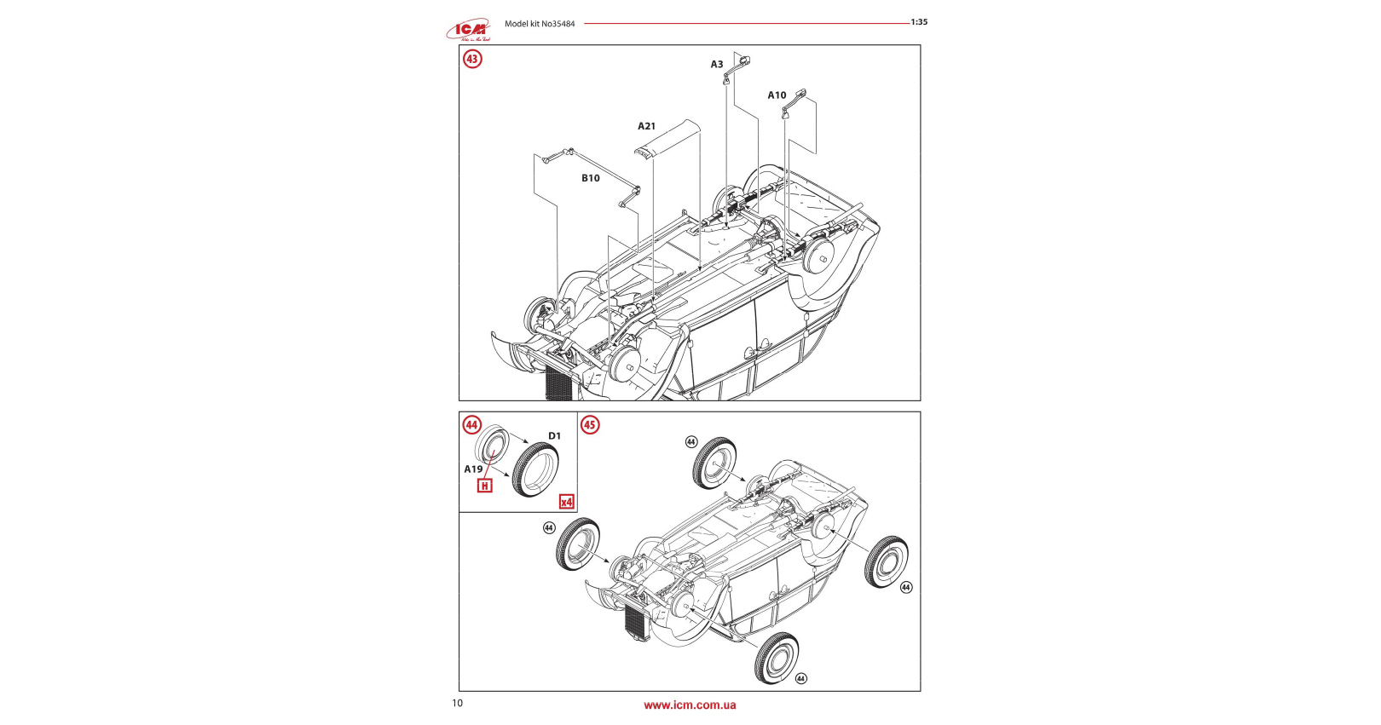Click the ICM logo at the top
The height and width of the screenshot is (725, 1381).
point(469,30)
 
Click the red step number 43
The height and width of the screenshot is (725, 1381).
point(472,59)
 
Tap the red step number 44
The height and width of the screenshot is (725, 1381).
point(471,424)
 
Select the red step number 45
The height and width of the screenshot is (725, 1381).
point(590,424)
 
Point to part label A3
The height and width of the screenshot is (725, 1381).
point(717,65)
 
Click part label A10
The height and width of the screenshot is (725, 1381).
point(777,95)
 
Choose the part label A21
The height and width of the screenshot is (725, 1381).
point(647,126)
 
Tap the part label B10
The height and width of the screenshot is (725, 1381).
point(591,178)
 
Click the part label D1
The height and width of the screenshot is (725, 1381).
point(555,436)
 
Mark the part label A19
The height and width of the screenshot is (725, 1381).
point(473,469)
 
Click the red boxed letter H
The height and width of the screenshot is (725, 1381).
point(485,486)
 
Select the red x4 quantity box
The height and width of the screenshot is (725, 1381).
point(567,502)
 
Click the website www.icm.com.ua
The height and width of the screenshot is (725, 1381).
point(690,705)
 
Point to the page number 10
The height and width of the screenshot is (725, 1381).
point(458,703)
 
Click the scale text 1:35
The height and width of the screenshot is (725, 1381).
point(919,22)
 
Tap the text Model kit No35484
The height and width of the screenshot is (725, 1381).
point(540,24)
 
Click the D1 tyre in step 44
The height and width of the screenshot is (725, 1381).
point(535,470)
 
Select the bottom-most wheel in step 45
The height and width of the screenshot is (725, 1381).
point(777,658)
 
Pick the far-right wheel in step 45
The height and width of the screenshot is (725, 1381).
point(887,561)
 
